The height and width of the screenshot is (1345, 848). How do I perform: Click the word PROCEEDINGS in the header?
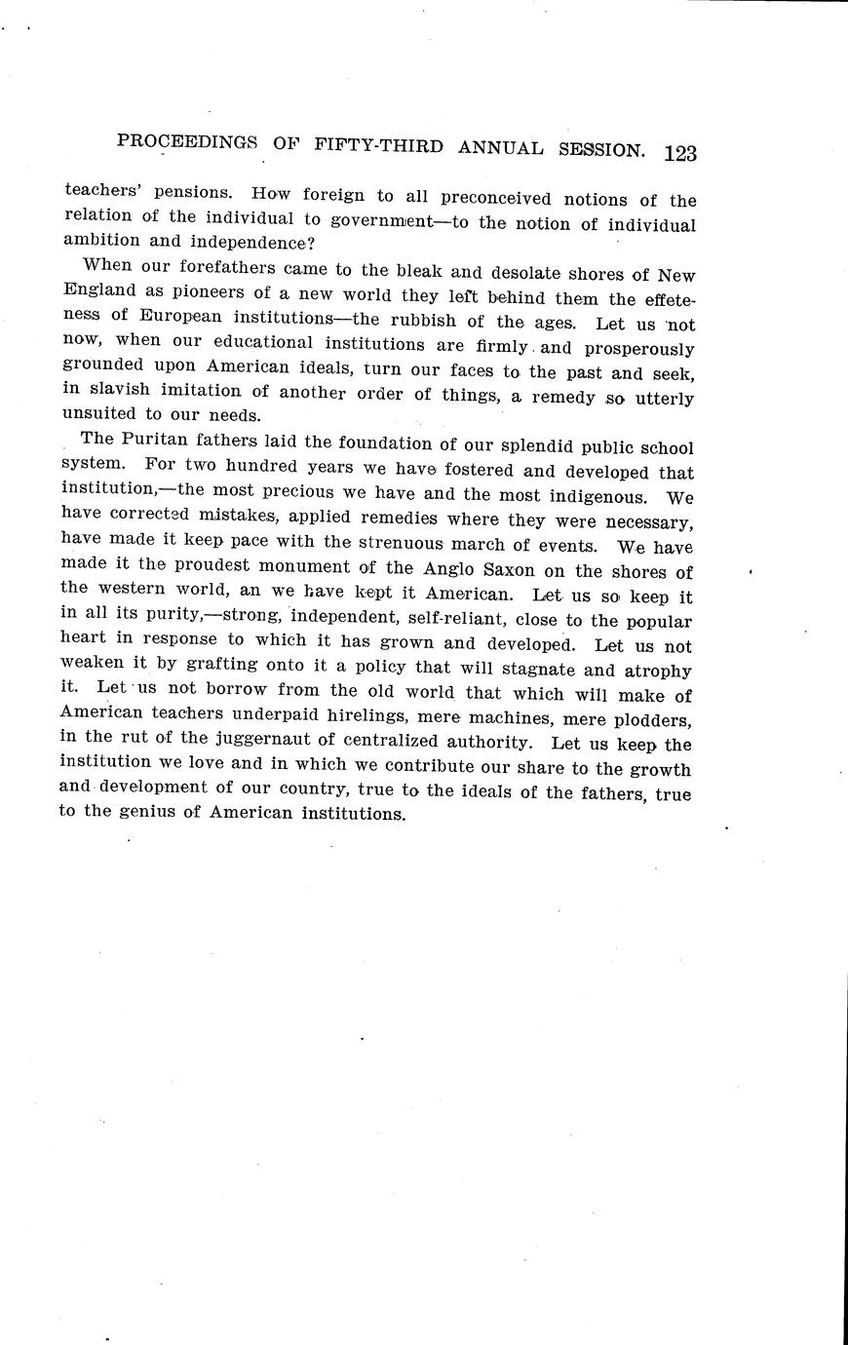click(187, 141)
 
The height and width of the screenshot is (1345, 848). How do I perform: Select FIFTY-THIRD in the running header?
click(379, 146)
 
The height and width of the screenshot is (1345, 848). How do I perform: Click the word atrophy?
click(657, 672)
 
